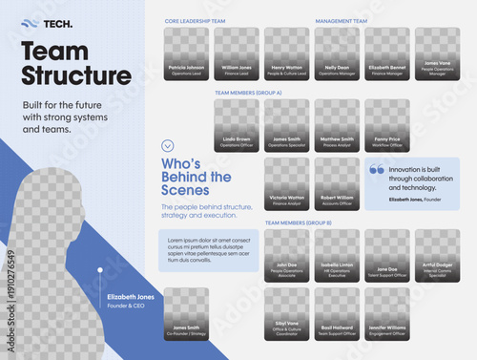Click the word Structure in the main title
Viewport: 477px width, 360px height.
click(x=75, y=75)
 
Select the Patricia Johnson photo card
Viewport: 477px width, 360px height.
click(x=187, y=53)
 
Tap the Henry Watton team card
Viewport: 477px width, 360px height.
click(x=286, y=53)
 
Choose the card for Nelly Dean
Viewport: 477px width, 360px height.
click(x=337, y=53)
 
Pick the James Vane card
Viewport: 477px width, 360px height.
click(x=437, y=53)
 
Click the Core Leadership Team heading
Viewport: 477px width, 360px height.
click(x=195, y=20)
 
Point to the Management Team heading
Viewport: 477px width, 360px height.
click(x=341, y=20)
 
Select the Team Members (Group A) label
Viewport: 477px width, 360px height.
click(x=249, y=93)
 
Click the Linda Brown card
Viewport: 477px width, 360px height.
click(x=237, y=125)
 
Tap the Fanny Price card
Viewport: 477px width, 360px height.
click(x=387, y=125)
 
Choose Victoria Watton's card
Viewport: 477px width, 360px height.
click(x=287, y=183)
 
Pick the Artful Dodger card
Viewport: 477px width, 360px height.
click(x=437, y=255)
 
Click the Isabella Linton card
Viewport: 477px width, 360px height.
click(x=337, y=255)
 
